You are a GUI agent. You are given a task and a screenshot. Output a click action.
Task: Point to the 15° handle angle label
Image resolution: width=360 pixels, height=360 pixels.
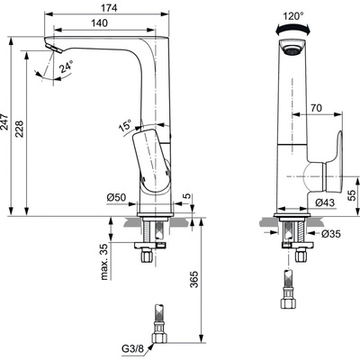coord(124,125)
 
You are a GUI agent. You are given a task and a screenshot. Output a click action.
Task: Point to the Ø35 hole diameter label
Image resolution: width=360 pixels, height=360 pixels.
coord(331,236)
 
